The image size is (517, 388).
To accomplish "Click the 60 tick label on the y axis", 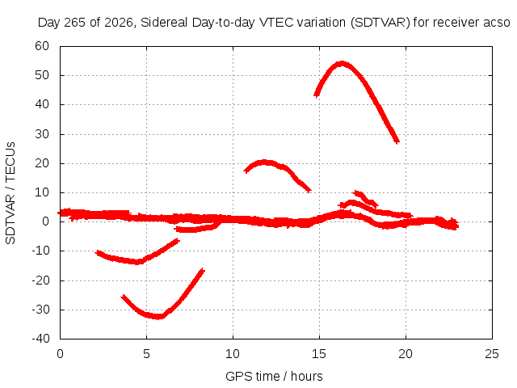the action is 42,46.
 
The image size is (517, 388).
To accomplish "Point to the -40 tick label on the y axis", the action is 40,338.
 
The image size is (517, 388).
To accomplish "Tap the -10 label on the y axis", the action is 40,251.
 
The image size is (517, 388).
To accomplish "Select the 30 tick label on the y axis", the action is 42,134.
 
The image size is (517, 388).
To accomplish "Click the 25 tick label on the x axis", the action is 492,354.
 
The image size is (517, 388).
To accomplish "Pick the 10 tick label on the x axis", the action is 233,354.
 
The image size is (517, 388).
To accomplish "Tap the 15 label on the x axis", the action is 319,354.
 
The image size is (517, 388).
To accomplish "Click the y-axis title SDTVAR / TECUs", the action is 11,193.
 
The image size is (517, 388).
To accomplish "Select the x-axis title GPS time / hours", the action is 274,376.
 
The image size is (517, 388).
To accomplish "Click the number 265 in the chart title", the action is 74,23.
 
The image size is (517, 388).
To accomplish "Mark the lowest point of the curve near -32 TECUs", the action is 158,317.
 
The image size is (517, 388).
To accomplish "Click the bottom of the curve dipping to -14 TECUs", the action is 137,262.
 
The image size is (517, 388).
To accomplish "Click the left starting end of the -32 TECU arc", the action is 123,297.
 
